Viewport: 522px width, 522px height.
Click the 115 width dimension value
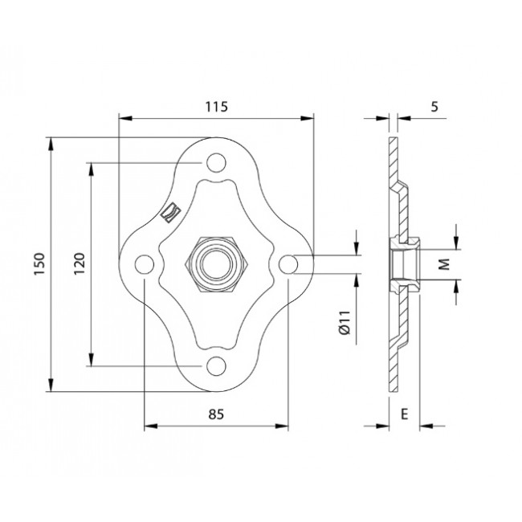(x=216, y=106)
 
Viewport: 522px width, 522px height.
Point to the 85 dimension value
(x=215, y=414)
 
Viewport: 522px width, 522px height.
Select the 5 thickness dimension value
(x=434, y=106)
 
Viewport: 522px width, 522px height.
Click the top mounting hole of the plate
(x=214, y=164)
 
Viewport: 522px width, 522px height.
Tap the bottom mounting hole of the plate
(x=214, y=366)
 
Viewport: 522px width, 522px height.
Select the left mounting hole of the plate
(x=144, y=264)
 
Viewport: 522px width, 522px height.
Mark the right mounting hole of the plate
(x=287, y=263)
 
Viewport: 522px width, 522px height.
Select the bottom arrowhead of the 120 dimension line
(x=91, y=362)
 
